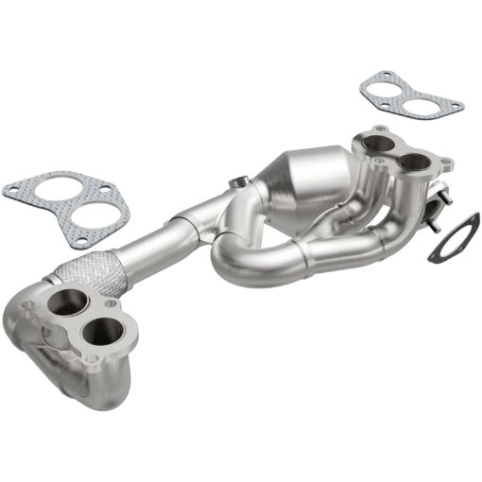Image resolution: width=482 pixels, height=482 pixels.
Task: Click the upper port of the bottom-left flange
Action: click(65, 304)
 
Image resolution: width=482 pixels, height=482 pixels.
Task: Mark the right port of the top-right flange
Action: click(412, 163)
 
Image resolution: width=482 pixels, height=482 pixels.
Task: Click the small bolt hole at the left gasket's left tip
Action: click(12, 189)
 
